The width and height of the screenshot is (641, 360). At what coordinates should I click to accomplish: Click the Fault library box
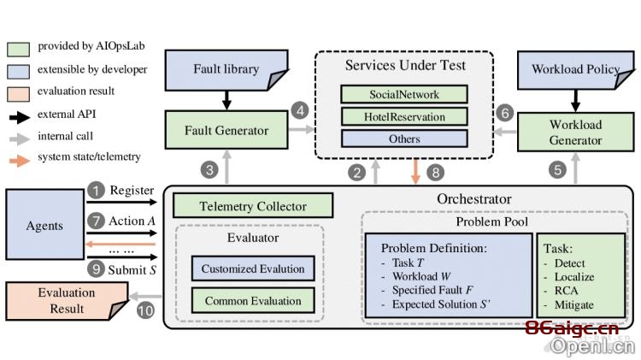click(226, 70)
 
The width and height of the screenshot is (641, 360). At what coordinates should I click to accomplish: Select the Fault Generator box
click(226, 130)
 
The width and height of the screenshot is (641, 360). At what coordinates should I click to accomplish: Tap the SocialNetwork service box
click(404, 95)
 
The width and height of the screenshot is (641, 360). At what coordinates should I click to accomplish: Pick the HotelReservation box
click(404, 117)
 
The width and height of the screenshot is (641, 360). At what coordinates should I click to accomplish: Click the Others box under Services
click(404, 139)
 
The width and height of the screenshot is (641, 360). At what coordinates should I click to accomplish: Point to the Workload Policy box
click(575, 70)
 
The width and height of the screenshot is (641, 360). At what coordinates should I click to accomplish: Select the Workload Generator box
click(575, 133)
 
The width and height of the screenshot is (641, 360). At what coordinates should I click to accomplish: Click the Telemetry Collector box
click(253, 206)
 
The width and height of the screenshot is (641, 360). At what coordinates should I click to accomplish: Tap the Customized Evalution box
click(253, 269)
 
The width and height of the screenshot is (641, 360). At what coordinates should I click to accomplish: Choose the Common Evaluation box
click(253, 301)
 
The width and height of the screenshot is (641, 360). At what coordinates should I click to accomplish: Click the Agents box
click(45, 225)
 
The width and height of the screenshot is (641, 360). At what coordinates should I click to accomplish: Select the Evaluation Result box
click(67, 301)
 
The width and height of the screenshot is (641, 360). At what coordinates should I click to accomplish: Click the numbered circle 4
click(300, 111)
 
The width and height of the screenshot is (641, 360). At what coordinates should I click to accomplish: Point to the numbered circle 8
click(435, 172)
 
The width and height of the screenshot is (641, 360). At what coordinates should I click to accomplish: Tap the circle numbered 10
click(145, 310)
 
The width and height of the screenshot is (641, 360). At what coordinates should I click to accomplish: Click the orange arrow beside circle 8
click(415, 172)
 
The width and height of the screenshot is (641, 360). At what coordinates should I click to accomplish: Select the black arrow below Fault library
click(226, 100)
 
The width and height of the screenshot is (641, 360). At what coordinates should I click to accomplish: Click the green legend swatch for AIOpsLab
click(19, 49)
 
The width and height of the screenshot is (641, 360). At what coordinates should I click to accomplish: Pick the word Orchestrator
click(474, 199)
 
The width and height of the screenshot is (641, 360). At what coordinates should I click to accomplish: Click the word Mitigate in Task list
click(574, 304)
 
